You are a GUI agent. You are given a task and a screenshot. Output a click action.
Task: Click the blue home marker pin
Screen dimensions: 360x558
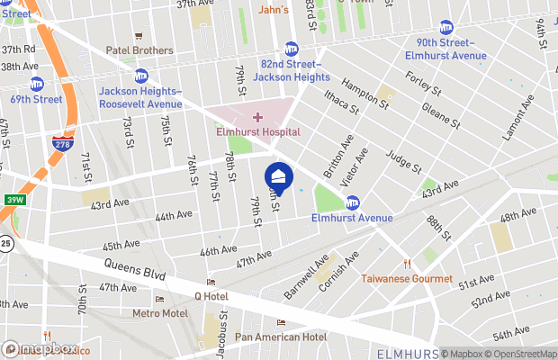(279, 176)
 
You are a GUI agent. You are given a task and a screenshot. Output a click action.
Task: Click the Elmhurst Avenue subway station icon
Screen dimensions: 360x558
(354, 202)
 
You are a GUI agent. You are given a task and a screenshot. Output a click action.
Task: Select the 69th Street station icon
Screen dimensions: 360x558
(37, 84)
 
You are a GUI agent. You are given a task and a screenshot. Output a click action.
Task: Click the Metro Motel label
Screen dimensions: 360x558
(160, 313)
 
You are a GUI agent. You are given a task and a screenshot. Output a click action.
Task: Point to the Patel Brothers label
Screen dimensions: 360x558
(139, 50)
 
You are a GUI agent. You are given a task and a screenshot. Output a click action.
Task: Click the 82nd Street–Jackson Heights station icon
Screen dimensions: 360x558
(292, 49)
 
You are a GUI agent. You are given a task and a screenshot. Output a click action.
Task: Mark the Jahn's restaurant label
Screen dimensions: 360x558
(273, 10)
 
